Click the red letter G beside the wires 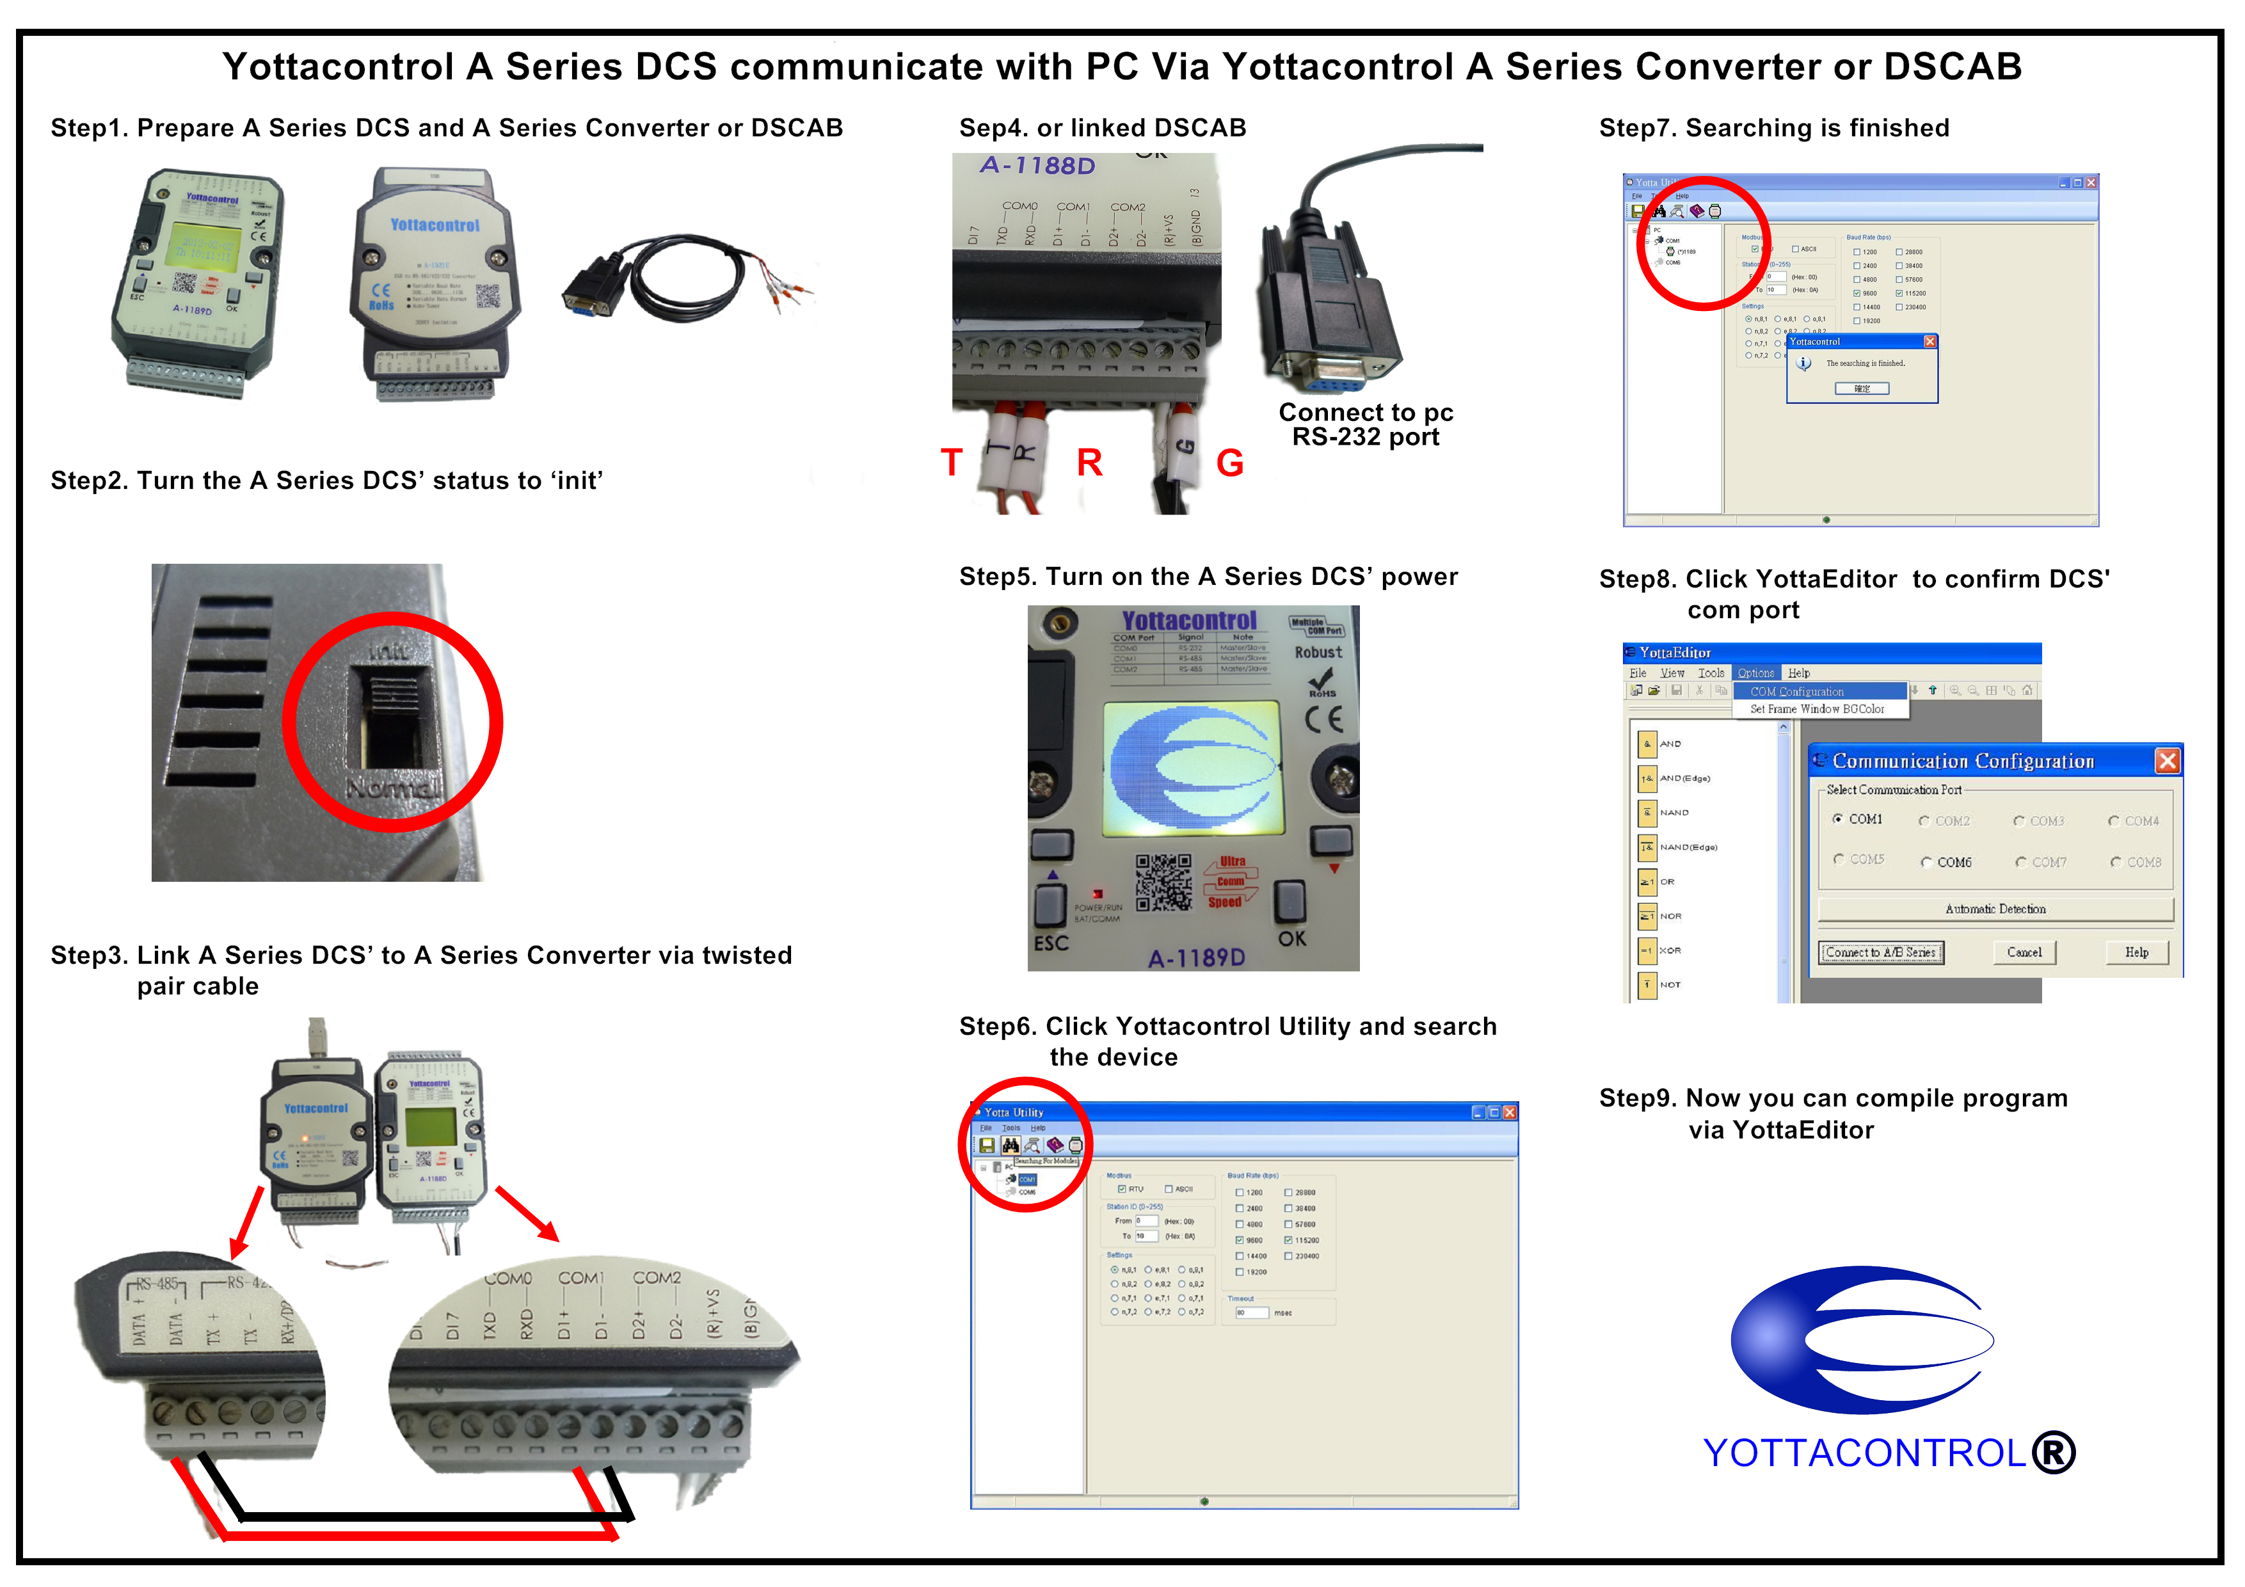tap(1229, 463)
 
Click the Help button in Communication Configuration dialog tap(2136, 952)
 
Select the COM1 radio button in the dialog tap(1838, 819)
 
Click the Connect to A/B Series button tap(1880, 952)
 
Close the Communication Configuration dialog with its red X tap(2167, 761)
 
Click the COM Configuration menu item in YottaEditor tap(1796, 691)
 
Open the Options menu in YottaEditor tap(1755, 673)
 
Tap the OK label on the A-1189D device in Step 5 tap(1291, 939)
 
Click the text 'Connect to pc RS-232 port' tap(1365, 424)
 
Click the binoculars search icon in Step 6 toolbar tap(1010, 1145)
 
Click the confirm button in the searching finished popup tap(1862, 389)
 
